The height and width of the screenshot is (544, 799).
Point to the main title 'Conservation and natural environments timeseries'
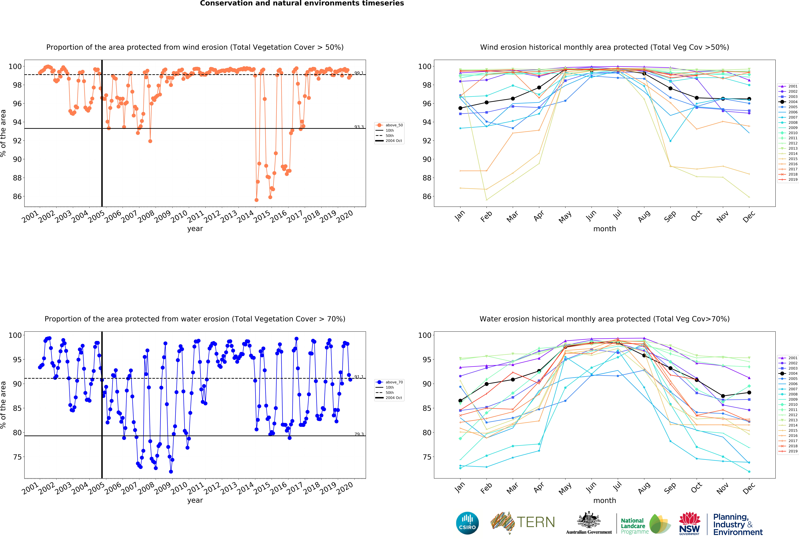(302, 3)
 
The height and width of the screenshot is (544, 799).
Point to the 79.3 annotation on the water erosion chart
(359, 434)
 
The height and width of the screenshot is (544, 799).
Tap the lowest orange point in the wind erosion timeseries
(257, 200)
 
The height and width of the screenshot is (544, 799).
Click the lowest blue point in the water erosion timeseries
(171, 472)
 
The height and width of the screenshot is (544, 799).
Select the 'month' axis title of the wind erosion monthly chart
(604, 229)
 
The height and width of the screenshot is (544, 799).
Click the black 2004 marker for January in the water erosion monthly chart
(460, 400)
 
